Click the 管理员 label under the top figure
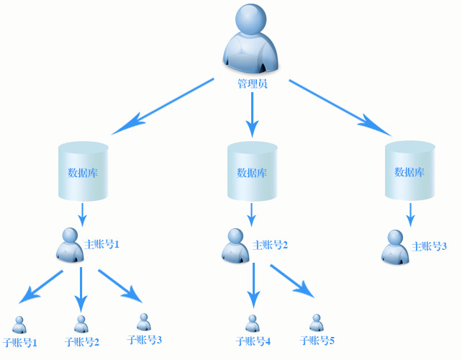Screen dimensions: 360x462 (x=252, y=84)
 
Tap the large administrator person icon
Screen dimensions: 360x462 (x=251, y=40)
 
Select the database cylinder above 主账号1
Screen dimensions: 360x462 (x=83, y=171)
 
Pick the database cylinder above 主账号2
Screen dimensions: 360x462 (x=252, y=171)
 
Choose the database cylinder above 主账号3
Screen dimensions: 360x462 (x=410, y=171)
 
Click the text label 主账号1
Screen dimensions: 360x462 (x=101, y=244)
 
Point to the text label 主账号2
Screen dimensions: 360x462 (x=271, y=246)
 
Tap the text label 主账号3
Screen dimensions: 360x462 (x=430, y=246)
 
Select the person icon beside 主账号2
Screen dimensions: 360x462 (x=236, y=246)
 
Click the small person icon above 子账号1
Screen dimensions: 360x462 (x=19, y=325)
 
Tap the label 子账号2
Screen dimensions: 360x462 (x=81, y=342)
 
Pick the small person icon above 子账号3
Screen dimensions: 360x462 (x=144, y=322)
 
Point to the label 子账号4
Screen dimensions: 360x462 (x=253, y=341)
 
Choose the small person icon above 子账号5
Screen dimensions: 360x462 (x=317, y=323)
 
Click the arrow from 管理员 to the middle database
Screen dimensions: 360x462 (x=252, y=115)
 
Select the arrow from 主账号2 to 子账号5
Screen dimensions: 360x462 (x=292, y=280)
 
